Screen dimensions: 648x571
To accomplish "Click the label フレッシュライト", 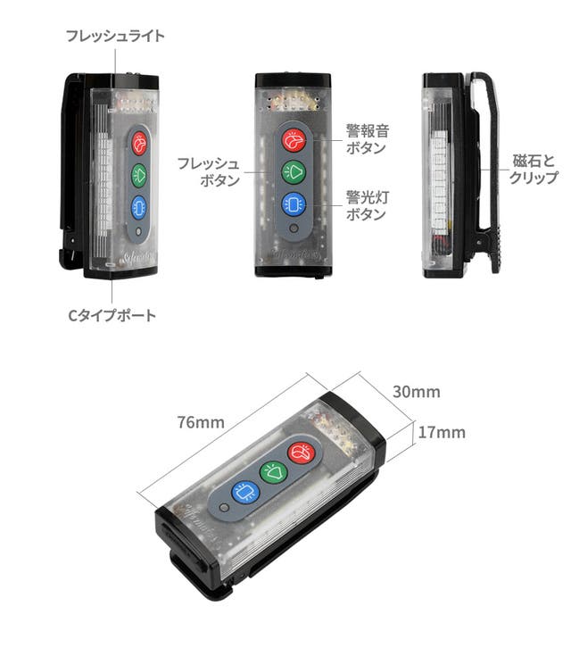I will point(115,37).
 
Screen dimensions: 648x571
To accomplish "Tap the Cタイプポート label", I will point(112,315).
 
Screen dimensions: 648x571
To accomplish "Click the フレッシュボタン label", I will point(208,172).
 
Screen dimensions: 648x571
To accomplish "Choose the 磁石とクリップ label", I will point(534,169).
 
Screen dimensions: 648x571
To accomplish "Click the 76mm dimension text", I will point(200,421).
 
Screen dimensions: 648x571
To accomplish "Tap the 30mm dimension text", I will point(417,392).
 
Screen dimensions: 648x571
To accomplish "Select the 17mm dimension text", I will point(442,432).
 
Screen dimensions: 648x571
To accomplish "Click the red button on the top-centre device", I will point(294,140).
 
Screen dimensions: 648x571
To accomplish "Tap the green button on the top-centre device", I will point(294,171).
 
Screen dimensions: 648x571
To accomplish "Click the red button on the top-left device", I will point(139,143).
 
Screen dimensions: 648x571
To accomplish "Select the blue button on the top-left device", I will point(139,207).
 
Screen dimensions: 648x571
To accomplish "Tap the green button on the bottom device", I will point(272,470).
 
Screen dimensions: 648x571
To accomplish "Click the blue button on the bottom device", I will point(244,491).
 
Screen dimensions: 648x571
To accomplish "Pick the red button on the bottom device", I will point(300,453).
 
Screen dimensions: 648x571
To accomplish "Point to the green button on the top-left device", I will point(139,175).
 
